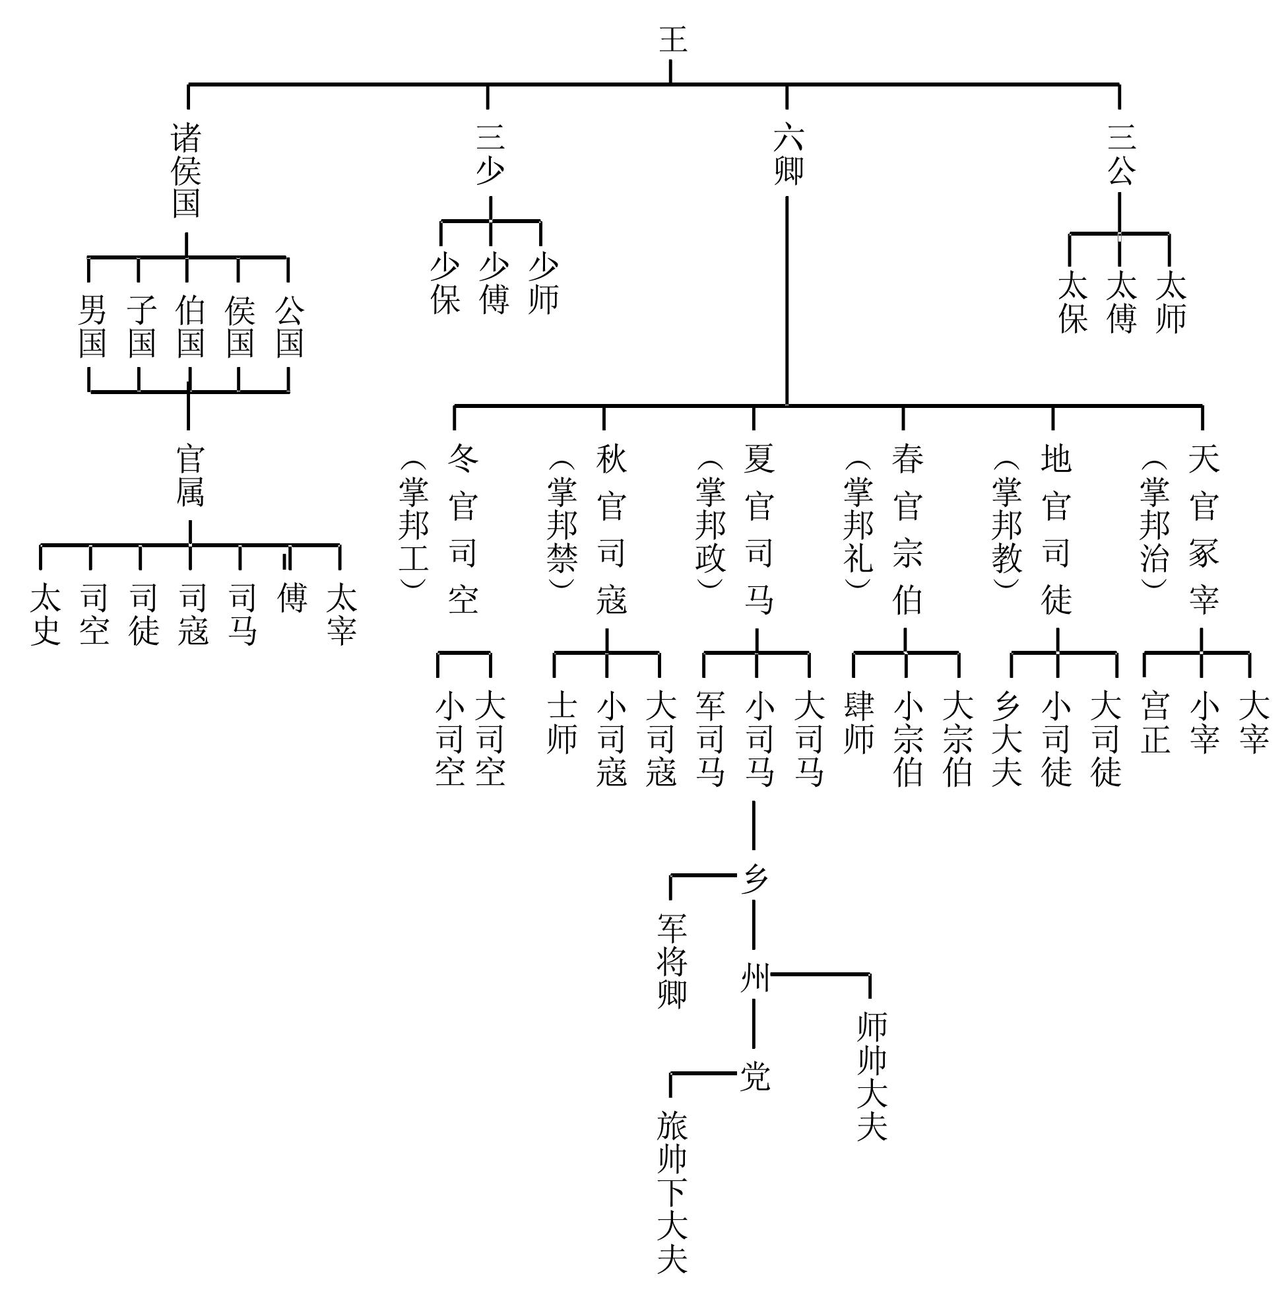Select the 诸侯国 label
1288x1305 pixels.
[x=186, y=171]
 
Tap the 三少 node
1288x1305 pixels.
[x=490, y=154]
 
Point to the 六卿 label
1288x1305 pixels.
[x=788, y=154]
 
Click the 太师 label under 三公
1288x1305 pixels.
[x=1171, y=302]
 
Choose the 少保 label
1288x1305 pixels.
[x=445, y=284]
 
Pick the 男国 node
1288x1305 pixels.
[x=92, y=326]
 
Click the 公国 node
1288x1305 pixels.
[x=290, y=326]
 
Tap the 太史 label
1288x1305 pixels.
[x=46, y=614]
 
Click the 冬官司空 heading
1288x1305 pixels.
[x=463, y=529]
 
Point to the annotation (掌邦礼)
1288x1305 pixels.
[x=858, y=525]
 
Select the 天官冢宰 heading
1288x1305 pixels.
[x=1204, y=529]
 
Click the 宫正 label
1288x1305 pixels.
[x=1155, y=723]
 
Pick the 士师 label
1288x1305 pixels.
[x=562, y=723]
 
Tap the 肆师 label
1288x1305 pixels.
[x=858, y=723]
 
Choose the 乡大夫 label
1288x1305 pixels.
[x=1006, y=739]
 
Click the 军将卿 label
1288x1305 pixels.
[x=672, y=961]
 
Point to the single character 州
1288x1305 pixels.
[x=755, y=978]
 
